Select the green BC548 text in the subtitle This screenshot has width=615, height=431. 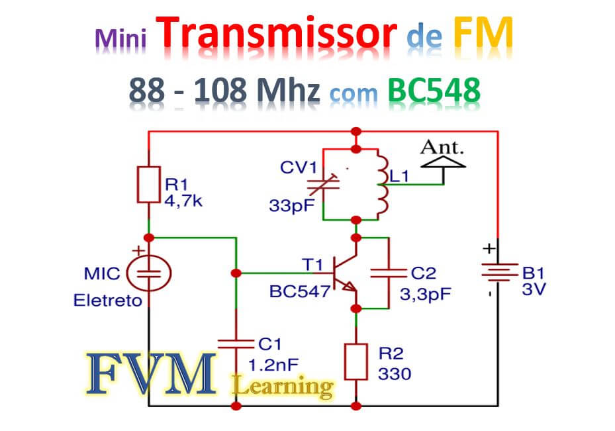pyautogui.click(x=434, y=91)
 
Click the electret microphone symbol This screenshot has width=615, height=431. pyautogui.click(x=148, y=271)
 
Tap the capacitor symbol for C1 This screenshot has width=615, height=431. pyautogui.click(x=236, y=343)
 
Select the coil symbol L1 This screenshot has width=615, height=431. pyautogui.click(x=383, y=184)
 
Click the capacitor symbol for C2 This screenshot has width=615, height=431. pyautogui.click(x=387, y=271)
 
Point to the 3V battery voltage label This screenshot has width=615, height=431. pyautogui.click(x=534, y=290)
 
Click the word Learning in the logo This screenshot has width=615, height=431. pyautogui.click(x=283, y=385)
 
